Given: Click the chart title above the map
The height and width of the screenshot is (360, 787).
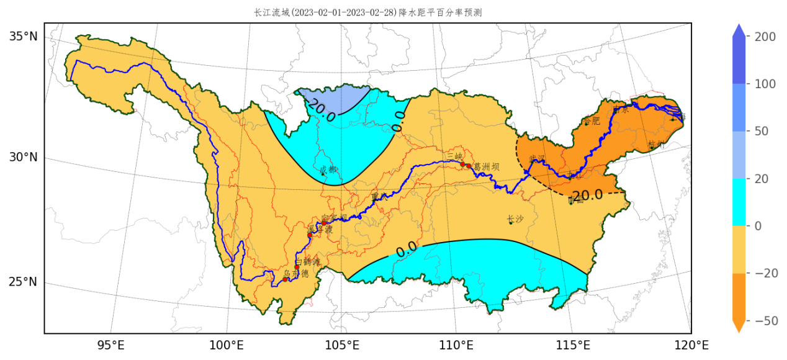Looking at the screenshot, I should coord(368,12).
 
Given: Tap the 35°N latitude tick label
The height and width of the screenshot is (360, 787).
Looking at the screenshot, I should coord(24,37).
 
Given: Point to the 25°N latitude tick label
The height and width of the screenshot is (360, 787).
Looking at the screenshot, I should coord(24,282).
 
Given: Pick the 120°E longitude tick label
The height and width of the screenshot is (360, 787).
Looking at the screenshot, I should coord(691,345).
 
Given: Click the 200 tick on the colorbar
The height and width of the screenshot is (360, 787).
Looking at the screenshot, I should coord(765,37).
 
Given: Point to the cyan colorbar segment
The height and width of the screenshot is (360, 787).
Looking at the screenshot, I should coord(739,202).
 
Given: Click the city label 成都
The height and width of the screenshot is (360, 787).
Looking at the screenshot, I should coord(329,169).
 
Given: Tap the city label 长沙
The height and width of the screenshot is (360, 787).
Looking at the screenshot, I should coord(515,219).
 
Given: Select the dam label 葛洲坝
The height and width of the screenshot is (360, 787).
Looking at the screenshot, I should coord(486,167).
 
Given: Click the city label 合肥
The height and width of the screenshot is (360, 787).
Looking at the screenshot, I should coord(592,121).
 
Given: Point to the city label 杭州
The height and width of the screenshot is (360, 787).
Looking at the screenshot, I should coord(655,145).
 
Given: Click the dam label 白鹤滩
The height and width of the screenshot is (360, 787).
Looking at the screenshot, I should coord(308,263).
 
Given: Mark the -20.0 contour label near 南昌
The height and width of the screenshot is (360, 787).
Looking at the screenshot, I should coord(586,196).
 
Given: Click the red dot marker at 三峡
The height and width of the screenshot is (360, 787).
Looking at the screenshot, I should coord(462,164).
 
